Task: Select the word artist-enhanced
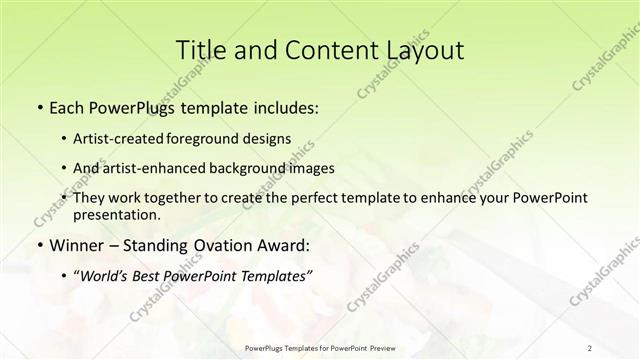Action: (x=159, y=168)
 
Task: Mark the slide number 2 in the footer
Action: (x=589, y=347)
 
